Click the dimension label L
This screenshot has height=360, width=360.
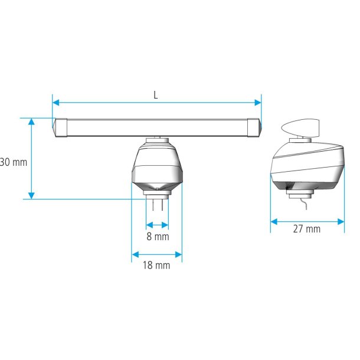(x=156, y=95)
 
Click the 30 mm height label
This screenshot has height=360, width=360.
(x=13, y=162)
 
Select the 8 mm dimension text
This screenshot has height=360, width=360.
(x=157, y=237)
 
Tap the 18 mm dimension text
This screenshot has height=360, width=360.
(x=157, y=266)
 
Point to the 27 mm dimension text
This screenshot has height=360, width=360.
(x=307, y=229)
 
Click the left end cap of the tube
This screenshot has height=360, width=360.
(x=59, y=127)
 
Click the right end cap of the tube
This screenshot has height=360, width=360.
(x=254, y=127)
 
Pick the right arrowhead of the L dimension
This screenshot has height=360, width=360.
(x=258, y=103)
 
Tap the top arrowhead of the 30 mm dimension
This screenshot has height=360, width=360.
(x=32, y=122)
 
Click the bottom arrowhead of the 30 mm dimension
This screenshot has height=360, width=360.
(x=32, y=195)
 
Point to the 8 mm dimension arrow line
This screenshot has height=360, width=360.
(x=157, y=225)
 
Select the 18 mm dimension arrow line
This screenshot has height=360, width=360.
(x=157, y=255)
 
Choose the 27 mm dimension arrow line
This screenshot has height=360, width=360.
(x=307, y=222)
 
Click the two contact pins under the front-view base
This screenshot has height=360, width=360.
(x=157, y=204)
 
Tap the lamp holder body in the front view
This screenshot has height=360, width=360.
(x=157, y=166)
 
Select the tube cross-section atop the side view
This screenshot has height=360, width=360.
(x=300, y=127)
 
